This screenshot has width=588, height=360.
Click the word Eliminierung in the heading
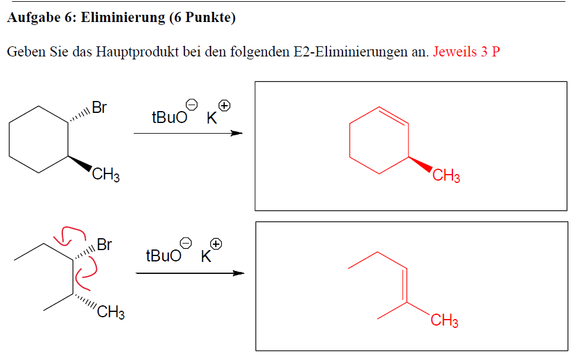pos(123,18)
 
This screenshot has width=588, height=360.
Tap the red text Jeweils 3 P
pos(467,52)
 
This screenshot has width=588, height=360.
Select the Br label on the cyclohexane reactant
pos(99,108)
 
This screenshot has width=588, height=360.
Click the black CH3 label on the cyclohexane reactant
pos(106,174)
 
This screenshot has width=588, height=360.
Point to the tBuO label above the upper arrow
pos(169,117)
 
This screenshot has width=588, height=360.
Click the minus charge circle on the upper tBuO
pos(191,105)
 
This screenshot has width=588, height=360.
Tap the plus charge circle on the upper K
pos(224,106)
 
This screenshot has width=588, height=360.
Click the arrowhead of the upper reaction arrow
pos(237,133)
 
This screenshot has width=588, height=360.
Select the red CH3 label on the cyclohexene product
pos(446,175)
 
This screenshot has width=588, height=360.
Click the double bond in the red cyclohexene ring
pos(394,116)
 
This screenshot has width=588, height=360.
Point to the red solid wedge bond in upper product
pos(420,164)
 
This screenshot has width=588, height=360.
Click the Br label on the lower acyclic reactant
pos(104,245)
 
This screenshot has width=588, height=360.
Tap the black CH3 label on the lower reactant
pos(111,312)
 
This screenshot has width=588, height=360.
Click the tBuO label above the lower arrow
pos(163,256)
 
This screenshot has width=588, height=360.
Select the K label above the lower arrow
pos(206,257)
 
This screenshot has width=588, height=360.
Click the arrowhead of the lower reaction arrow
pos(238,273)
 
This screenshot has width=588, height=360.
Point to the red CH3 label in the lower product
pos(444,321)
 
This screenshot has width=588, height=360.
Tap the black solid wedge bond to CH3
pos(80,163)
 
